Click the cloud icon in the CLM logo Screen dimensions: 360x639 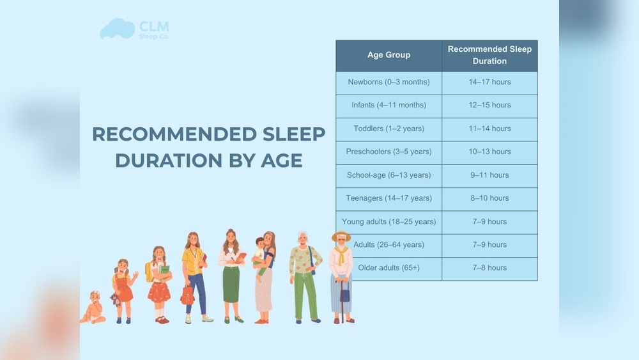(x=117, y=29)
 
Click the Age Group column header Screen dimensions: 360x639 (x=389, y=55)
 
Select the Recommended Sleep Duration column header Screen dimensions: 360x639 (x=489, y=55)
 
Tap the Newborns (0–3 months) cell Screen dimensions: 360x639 (x=389, y=82)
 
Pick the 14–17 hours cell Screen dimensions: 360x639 (x=489, y=82)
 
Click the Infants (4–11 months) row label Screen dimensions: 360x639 (x=389, y=105)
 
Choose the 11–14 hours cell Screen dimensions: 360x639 (x=489, y=129)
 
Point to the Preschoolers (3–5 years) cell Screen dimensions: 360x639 (x=389, y=152)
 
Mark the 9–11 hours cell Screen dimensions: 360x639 (x=489, y=175)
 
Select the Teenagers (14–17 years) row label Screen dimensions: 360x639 (x=389, y=198)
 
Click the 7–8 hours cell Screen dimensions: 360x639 (x=489, y=268)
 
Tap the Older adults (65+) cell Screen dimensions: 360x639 (x=389, y=268)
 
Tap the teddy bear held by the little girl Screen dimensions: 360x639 (x=115, y=299)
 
